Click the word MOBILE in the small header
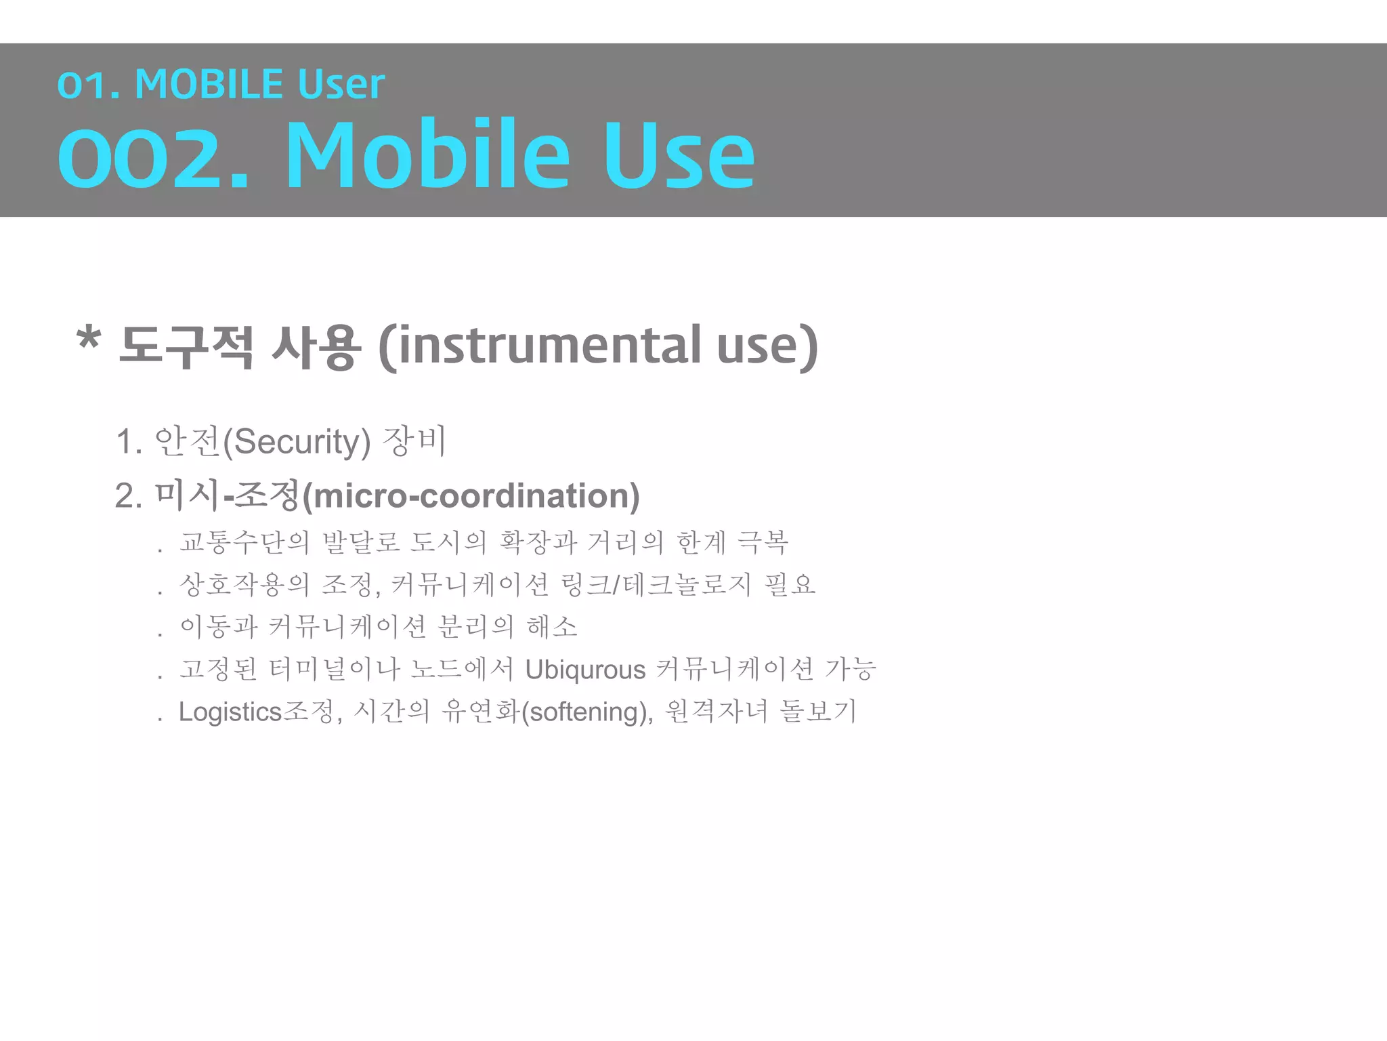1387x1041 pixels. click(209, 85)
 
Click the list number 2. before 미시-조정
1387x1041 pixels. click(128, 496)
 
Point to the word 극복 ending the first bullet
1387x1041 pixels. click(763, 542)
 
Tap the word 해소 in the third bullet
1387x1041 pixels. click(552, 626)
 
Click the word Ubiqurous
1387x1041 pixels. click(585, 670)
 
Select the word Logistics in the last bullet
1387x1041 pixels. click(230, 712)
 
